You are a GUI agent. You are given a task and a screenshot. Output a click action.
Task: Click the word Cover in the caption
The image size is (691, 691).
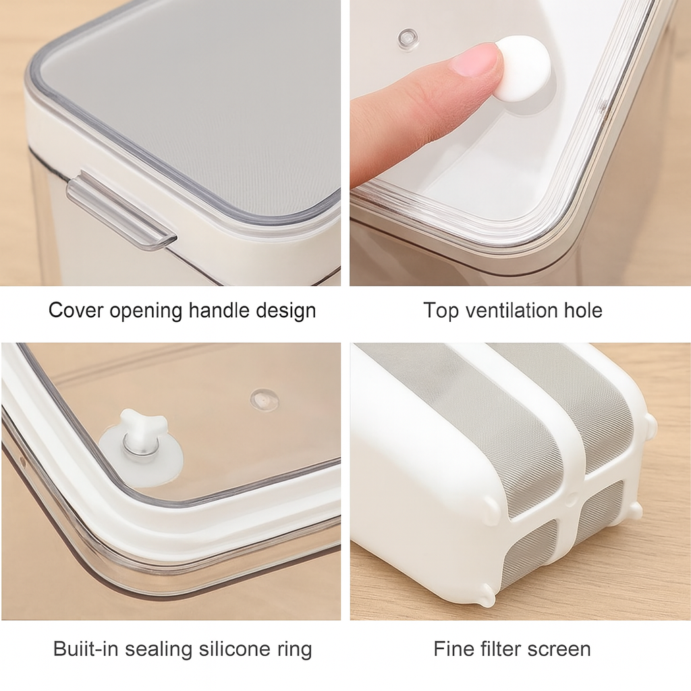click(76, 310)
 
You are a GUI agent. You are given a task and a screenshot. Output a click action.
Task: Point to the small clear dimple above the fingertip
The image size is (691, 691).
click(408, 38)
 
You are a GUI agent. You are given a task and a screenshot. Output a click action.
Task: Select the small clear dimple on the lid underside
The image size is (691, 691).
click(264, 399)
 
